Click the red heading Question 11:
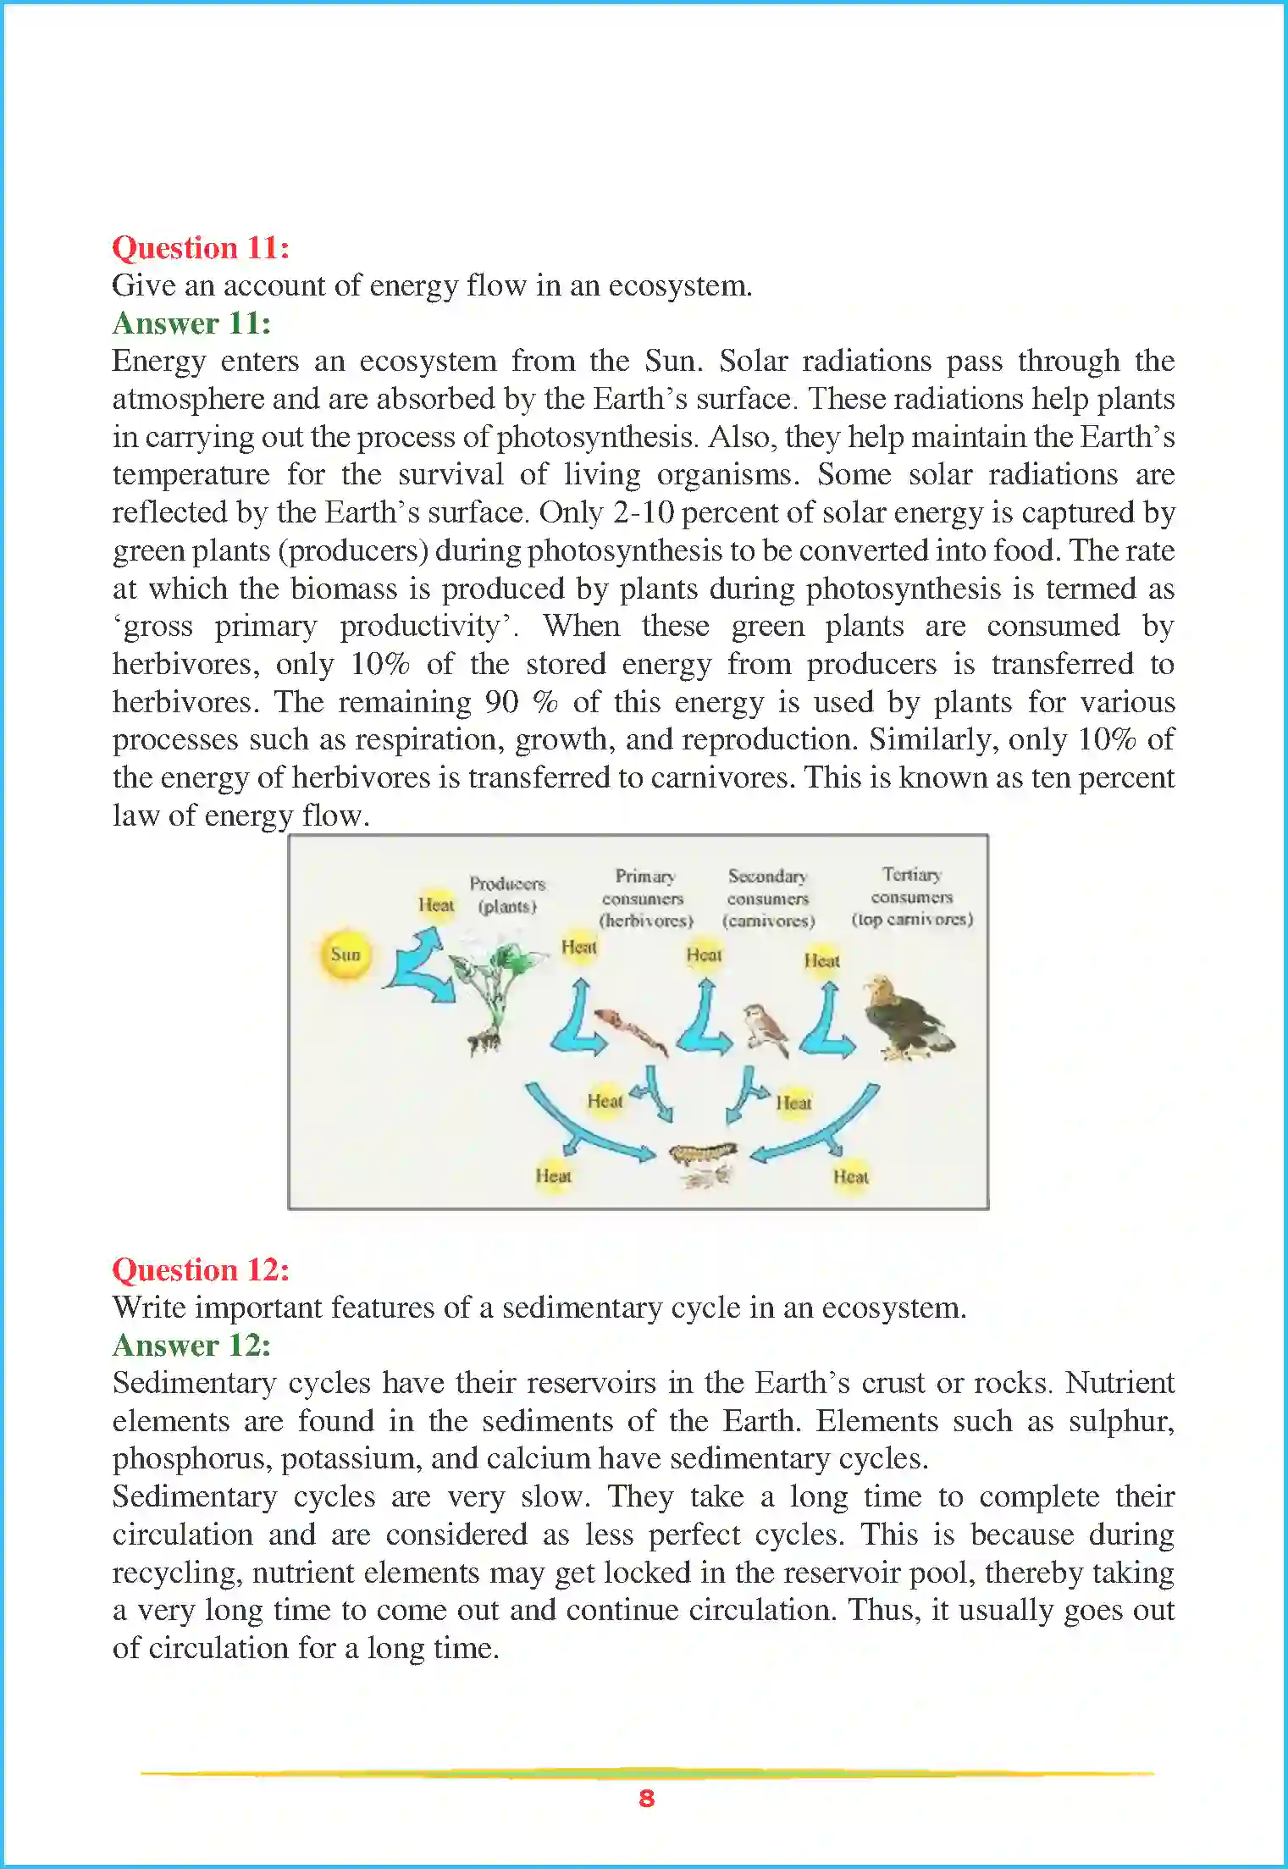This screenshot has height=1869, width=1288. coord(201,248)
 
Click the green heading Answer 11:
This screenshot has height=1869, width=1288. coord(191,323)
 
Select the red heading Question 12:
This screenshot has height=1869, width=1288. coord(201,1270)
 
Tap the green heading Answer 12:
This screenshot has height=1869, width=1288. coord(191,1346)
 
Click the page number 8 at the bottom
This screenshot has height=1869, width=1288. coord(646,1798)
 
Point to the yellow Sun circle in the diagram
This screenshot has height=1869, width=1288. coord(345,954)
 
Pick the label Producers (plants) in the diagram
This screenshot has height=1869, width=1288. coord(507,894)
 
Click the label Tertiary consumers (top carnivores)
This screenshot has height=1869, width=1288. coord(912,897)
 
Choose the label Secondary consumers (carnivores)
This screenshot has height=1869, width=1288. coord(768,899)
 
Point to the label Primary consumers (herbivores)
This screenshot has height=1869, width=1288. coord(645,899)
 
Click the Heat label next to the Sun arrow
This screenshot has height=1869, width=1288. coord(436,905)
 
